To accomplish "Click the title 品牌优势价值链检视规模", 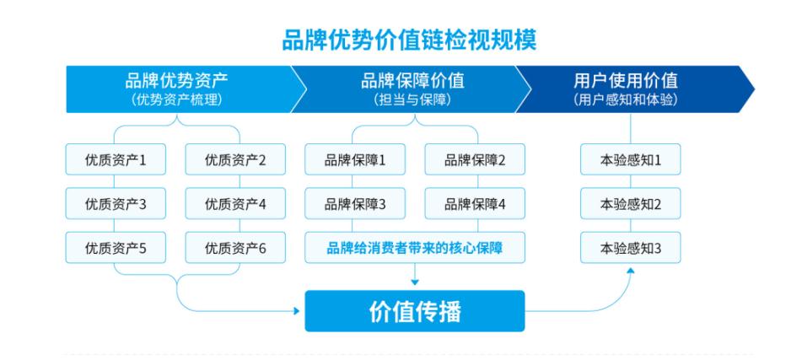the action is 409,40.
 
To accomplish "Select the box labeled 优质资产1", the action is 116,159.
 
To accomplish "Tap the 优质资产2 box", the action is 235,159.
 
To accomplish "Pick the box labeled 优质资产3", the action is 116,203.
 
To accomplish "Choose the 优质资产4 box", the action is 235,203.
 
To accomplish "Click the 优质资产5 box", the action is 116,248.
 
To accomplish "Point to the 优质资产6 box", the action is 235,248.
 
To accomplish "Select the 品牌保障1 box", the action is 355,159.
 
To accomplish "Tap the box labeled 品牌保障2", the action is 475,159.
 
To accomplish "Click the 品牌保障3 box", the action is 355,203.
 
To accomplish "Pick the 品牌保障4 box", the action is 475,203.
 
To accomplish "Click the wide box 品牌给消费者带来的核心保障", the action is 415,248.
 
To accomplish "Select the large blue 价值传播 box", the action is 415,311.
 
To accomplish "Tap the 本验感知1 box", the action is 631,159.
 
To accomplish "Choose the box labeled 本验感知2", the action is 631,203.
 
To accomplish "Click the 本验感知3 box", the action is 631,248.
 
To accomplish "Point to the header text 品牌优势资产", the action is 176,81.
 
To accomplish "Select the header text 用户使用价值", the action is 626,81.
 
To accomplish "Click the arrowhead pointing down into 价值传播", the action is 415,282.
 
